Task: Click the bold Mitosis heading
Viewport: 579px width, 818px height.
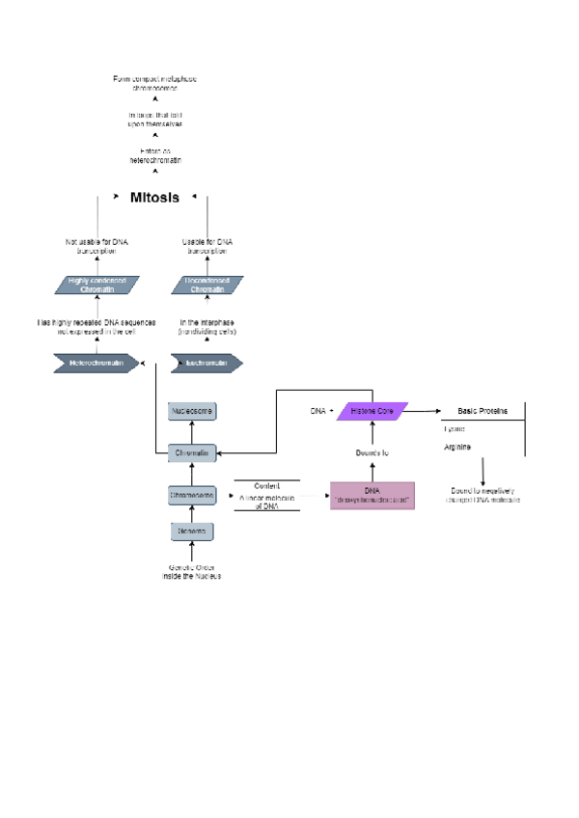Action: (154, 197)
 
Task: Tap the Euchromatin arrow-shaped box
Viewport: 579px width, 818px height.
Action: (205, 363)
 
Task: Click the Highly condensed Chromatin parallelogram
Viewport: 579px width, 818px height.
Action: (97, 285)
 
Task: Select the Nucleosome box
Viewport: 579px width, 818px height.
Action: (192, 411)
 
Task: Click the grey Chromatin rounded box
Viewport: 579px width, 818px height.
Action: (192, 451)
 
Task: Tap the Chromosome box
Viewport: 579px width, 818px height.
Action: (192, 494)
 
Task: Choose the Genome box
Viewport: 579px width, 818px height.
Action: (192, 532)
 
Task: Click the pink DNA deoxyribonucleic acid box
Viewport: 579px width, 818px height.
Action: (372, 495)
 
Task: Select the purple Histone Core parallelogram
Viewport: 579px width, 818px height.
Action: (372, 411)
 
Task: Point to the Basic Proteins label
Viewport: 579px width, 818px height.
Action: (482, 411)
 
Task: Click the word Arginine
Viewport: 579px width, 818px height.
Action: (457, 447)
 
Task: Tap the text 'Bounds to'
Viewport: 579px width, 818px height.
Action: (372, 451)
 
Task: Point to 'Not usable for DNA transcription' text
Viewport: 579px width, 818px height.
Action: (97, 246)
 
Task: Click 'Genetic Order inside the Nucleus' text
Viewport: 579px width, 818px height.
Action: (192, 572)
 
